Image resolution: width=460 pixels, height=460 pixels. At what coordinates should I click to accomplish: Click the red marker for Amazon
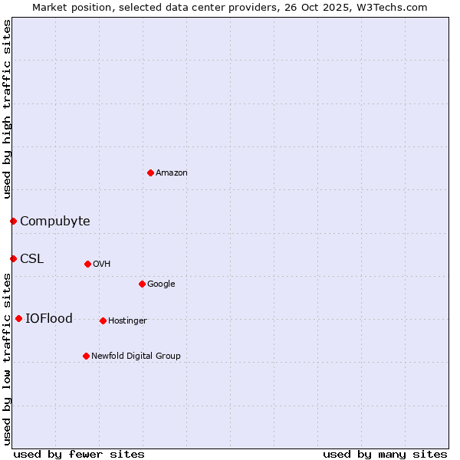pyautogui.click(x=150, y=172)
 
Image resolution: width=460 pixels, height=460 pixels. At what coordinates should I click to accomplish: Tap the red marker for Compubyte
pyautogui.click(x=13, y=221)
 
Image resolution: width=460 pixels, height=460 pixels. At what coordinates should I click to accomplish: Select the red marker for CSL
pyautogui.click(x=13, y=258)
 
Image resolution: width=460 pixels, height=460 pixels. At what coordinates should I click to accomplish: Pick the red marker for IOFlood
pyautogui.click(x=18, y=318)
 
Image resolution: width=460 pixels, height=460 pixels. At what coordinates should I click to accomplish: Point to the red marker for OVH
pyautogui.click(x=87, y=264)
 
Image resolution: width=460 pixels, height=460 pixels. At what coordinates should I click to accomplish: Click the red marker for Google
pyautogui.click(x=142, y=284)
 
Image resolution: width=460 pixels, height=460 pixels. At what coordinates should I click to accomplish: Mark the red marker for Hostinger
pyautogui.click(x=103, y=320)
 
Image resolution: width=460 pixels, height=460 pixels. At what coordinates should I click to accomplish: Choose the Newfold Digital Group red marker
pyautogui.click(x=86, y=356)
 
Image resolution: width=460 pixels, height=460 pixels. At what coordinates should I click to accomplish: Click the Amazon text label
pyautogui.click(x=172, y=172)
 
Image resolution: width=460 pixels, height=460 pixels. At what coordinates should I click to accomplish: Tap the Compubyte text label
pyautogui.click(x=54, y=221)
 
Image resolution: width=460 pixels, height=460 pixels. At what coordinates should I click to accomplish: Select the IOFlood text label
pyautogui.click(x=49, y=318)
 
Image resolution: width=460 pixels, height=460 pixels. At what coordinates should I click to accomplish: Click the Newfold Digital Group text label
pyautogui.click(x=136, y=356)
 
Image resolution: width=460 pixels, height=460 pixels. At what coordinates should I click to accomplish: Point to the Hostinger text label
pyautogui.click(x=127, y=320)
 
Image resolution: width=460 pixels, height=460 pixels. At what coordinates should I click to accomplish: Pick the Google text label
pyautogui.click(x=161, y=284)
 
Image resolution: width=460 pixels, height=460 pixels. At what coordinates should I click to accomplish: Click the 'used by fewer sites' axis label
pyautogui.click(x=79, y=454)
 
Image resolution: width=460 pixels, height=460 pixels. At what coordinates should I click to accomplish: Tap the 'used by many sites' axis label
pyautogui.click(x=385, y=454)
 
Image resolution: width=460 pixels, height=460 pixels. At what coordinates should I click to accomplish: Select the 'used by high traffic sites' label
pyautogui.click(x=7, y=109)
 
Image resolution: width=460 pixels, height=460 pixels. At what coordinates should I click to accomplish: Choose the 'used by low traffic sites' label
pyautogui.click(x=7, y=358)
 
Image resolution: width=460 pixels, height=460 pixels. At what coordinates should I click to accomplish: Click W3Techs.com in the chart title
pyautogui.click(x=394, y=7)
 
